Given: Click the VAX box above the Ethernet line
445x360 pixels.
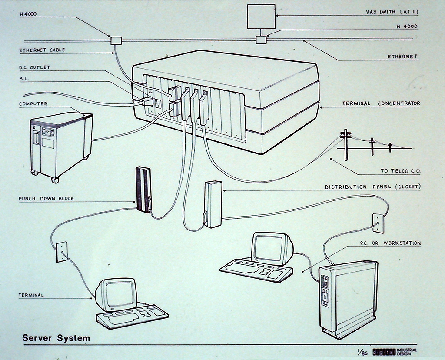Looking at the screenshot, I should tap(261, 17).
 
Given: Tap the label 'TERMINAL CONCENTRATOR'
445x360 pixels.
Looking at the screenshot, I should tap(381, 103).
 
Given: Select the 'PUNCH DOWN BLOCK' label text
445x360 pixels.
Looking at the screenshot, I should tap(46, 199).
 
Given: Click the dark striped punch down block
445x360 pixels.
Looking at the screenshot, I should tap(143, 189).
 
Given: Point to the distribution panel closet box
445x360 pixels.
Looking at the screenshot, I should tap(213, 204).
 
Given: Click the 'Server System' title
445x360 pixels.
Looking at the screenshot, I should tap(56, 338).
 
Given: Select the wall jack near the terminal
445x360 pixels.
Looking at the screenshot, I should tap(62, 252).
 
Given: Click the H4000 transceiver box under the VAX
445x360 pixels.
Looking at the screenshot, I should tap(261, 40).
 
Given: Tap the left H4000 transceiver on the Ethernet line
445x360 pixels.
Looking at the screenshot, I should tap(116, 40).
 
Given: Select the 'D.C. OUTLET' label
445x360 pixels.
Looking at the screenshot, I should tap(34, 67).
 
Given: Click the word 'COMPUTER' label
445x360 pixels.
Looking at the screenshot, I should tap(33, 104).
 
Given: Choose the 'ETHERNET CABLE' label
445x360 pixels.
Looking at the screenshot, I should tap(42, 50).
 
